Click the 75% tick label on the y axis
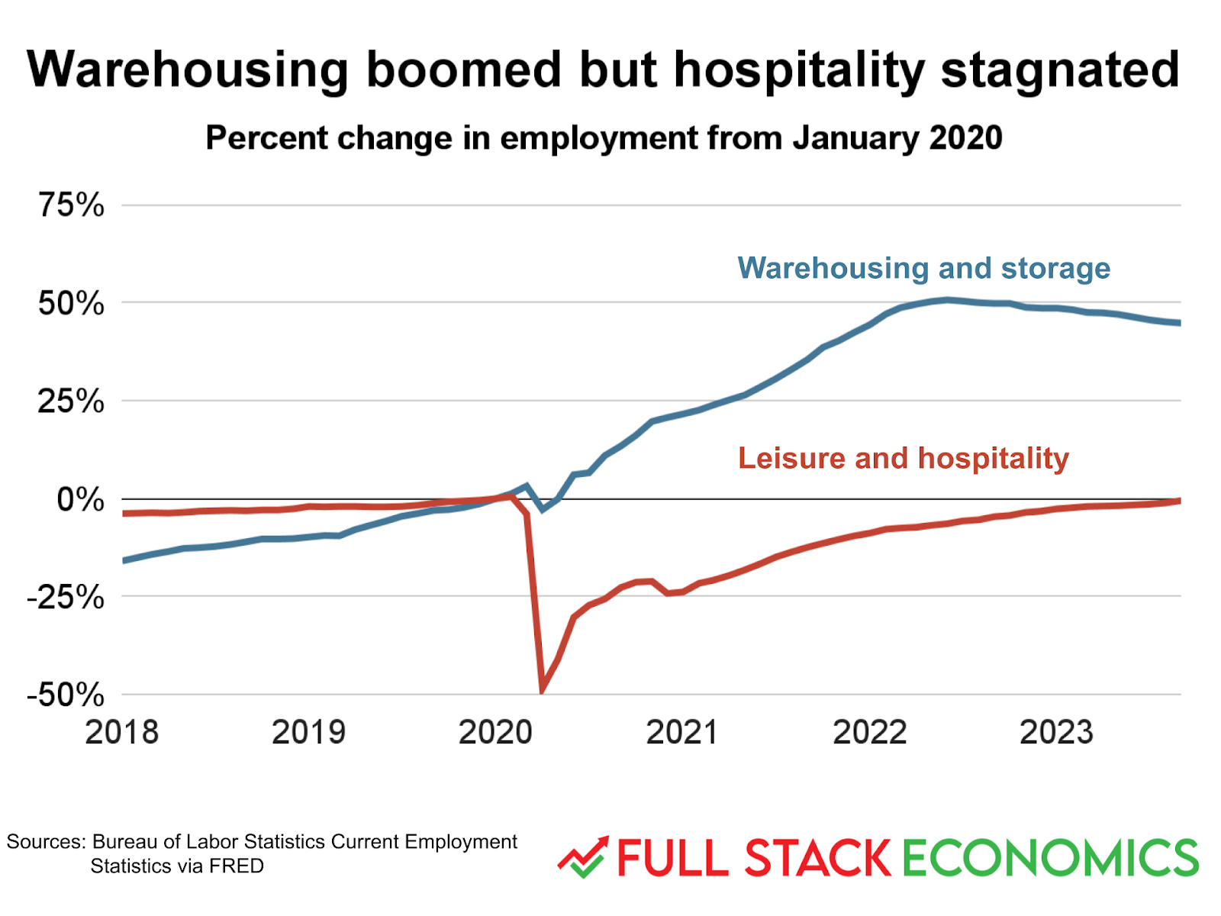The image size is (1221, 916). pyautogui.click(x=72, y=205)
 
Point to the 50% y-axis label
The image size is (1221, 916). pyautogui.click(x=72, y=304)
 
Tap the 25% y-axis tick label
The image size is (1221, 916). pyautogui.click(x=72, y=402)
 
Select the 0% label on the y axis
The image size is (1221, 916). pyautogui.click(x=81, y=500)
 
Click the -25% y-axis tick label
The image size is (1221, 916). pyautogui.click(x=66, y=597)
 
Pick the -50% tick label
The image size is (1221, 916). pyautogui.click(x=66, y=695)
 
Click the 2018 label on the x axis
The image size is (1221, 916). pyautogui.click(x=122, y=732)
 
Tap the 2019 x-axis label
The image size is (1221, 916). pyautogui.click(x=309, y=732)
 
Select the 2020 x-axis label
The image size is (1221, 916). pyautogui.click(x=496, y=732)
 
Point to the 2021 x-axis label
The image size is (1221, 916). pyautogui.click(x=682, y=732)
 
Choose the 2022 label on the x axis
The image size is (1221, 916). pyautogui.click(x=870, y=732)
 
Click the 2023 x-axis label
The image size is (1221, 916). pyautogui.click(x=1057, y=732)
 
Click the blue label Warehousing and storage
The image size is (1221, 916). pyautogui.click(x=924, y=268)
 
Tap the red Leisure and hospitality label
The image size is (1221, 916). pyautogui.click(x=904, y=458)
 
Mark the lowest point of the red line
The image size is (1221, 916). pyautogui.click(x=543, y=691)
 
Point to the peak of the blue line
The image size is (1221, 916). pyautogui.click(x=947, y=299)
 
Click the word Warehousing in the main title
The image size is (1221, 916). pyautogui.click(x=188, y=70)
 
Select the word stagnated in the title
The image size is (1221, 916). pyautogui.click(x=1060, y=70)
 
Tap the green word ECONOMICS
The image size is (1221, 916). pyautogui.click(x=1051, y=858)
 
